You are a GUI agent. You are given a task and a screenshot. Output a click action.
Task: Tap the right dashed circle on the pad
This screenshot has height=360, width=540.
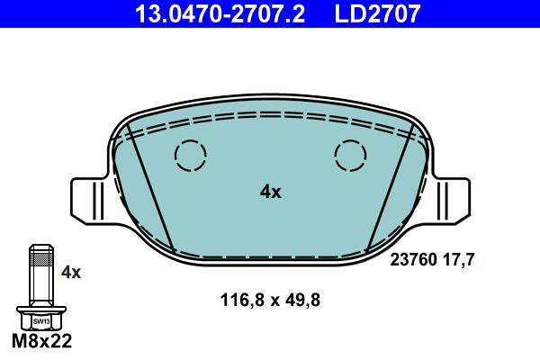pos(350,156)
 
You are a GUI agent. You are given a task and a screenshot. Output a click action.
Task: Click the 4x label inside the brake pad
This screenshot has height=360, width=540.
pos(270,192)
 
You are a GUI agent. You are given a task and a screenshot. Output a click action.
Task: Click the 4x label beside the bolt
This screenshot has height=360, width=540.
pos(70,271)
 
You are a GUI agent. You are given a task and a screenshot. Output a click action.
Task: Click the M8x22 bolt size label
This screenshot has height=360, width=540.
pos(40,342)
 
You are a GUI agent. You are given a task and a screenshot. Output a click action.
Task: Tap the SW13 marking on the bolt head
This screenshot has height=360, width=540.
pos(40,320)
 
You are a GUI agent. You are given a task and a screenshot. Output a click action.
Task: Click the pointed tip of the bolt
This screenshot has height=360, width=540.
pos(40,247)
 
